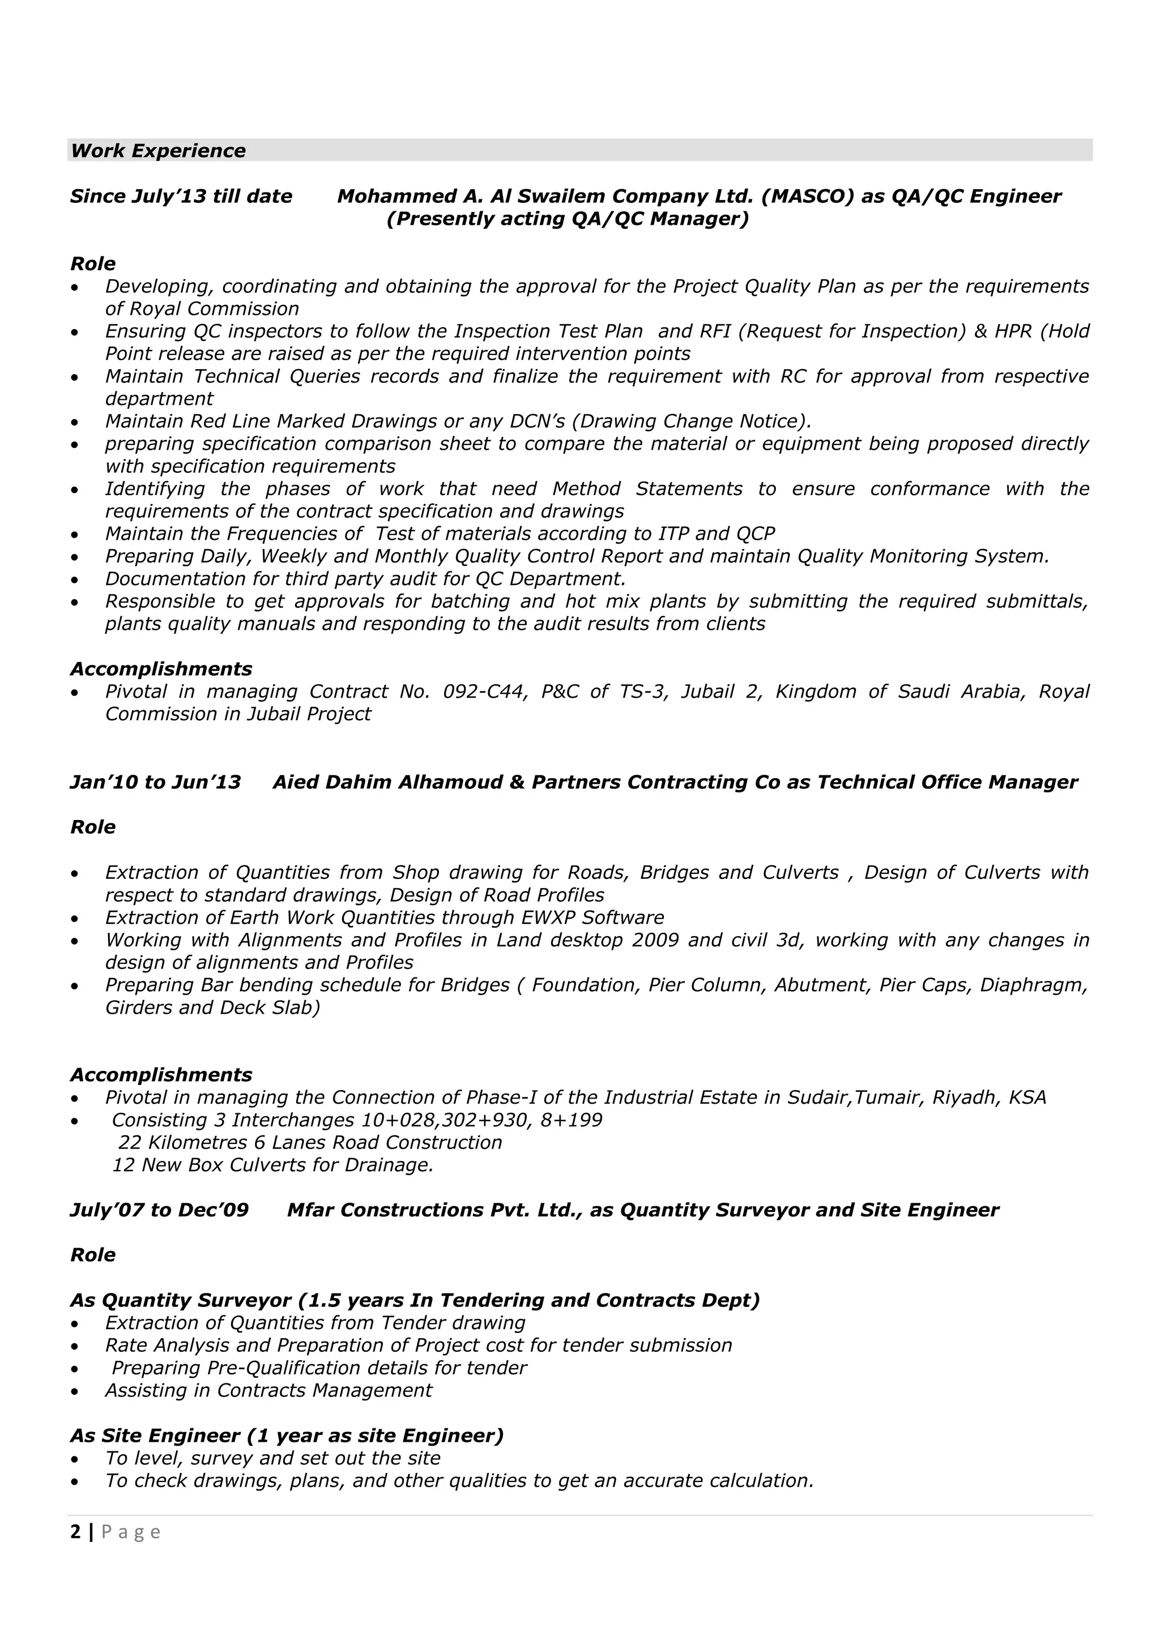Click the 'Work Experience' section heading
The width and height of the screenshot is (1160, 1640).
point(158,151)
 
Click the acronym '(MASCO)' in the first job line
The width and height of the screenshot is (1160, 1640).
point(807,197)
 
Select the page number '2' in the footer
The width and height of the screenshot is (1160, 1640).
point(76,1531)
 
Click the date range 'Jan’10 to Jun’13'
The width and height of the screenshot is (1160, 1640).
point(156,782)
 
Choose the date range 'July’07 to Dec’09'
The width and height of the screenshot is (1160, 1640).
point(159,1210)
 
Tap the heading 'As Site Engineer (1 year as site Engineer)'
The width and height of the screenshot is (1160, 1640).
point(287,1436)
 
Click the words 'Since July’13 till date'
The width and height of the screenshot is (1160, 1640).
point(181,197)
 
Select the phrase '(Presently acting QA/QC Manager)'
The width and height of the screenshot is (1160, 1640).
point(568,219)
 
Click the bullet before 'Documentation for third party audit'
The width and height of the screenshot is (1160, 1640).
point(75,580)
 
